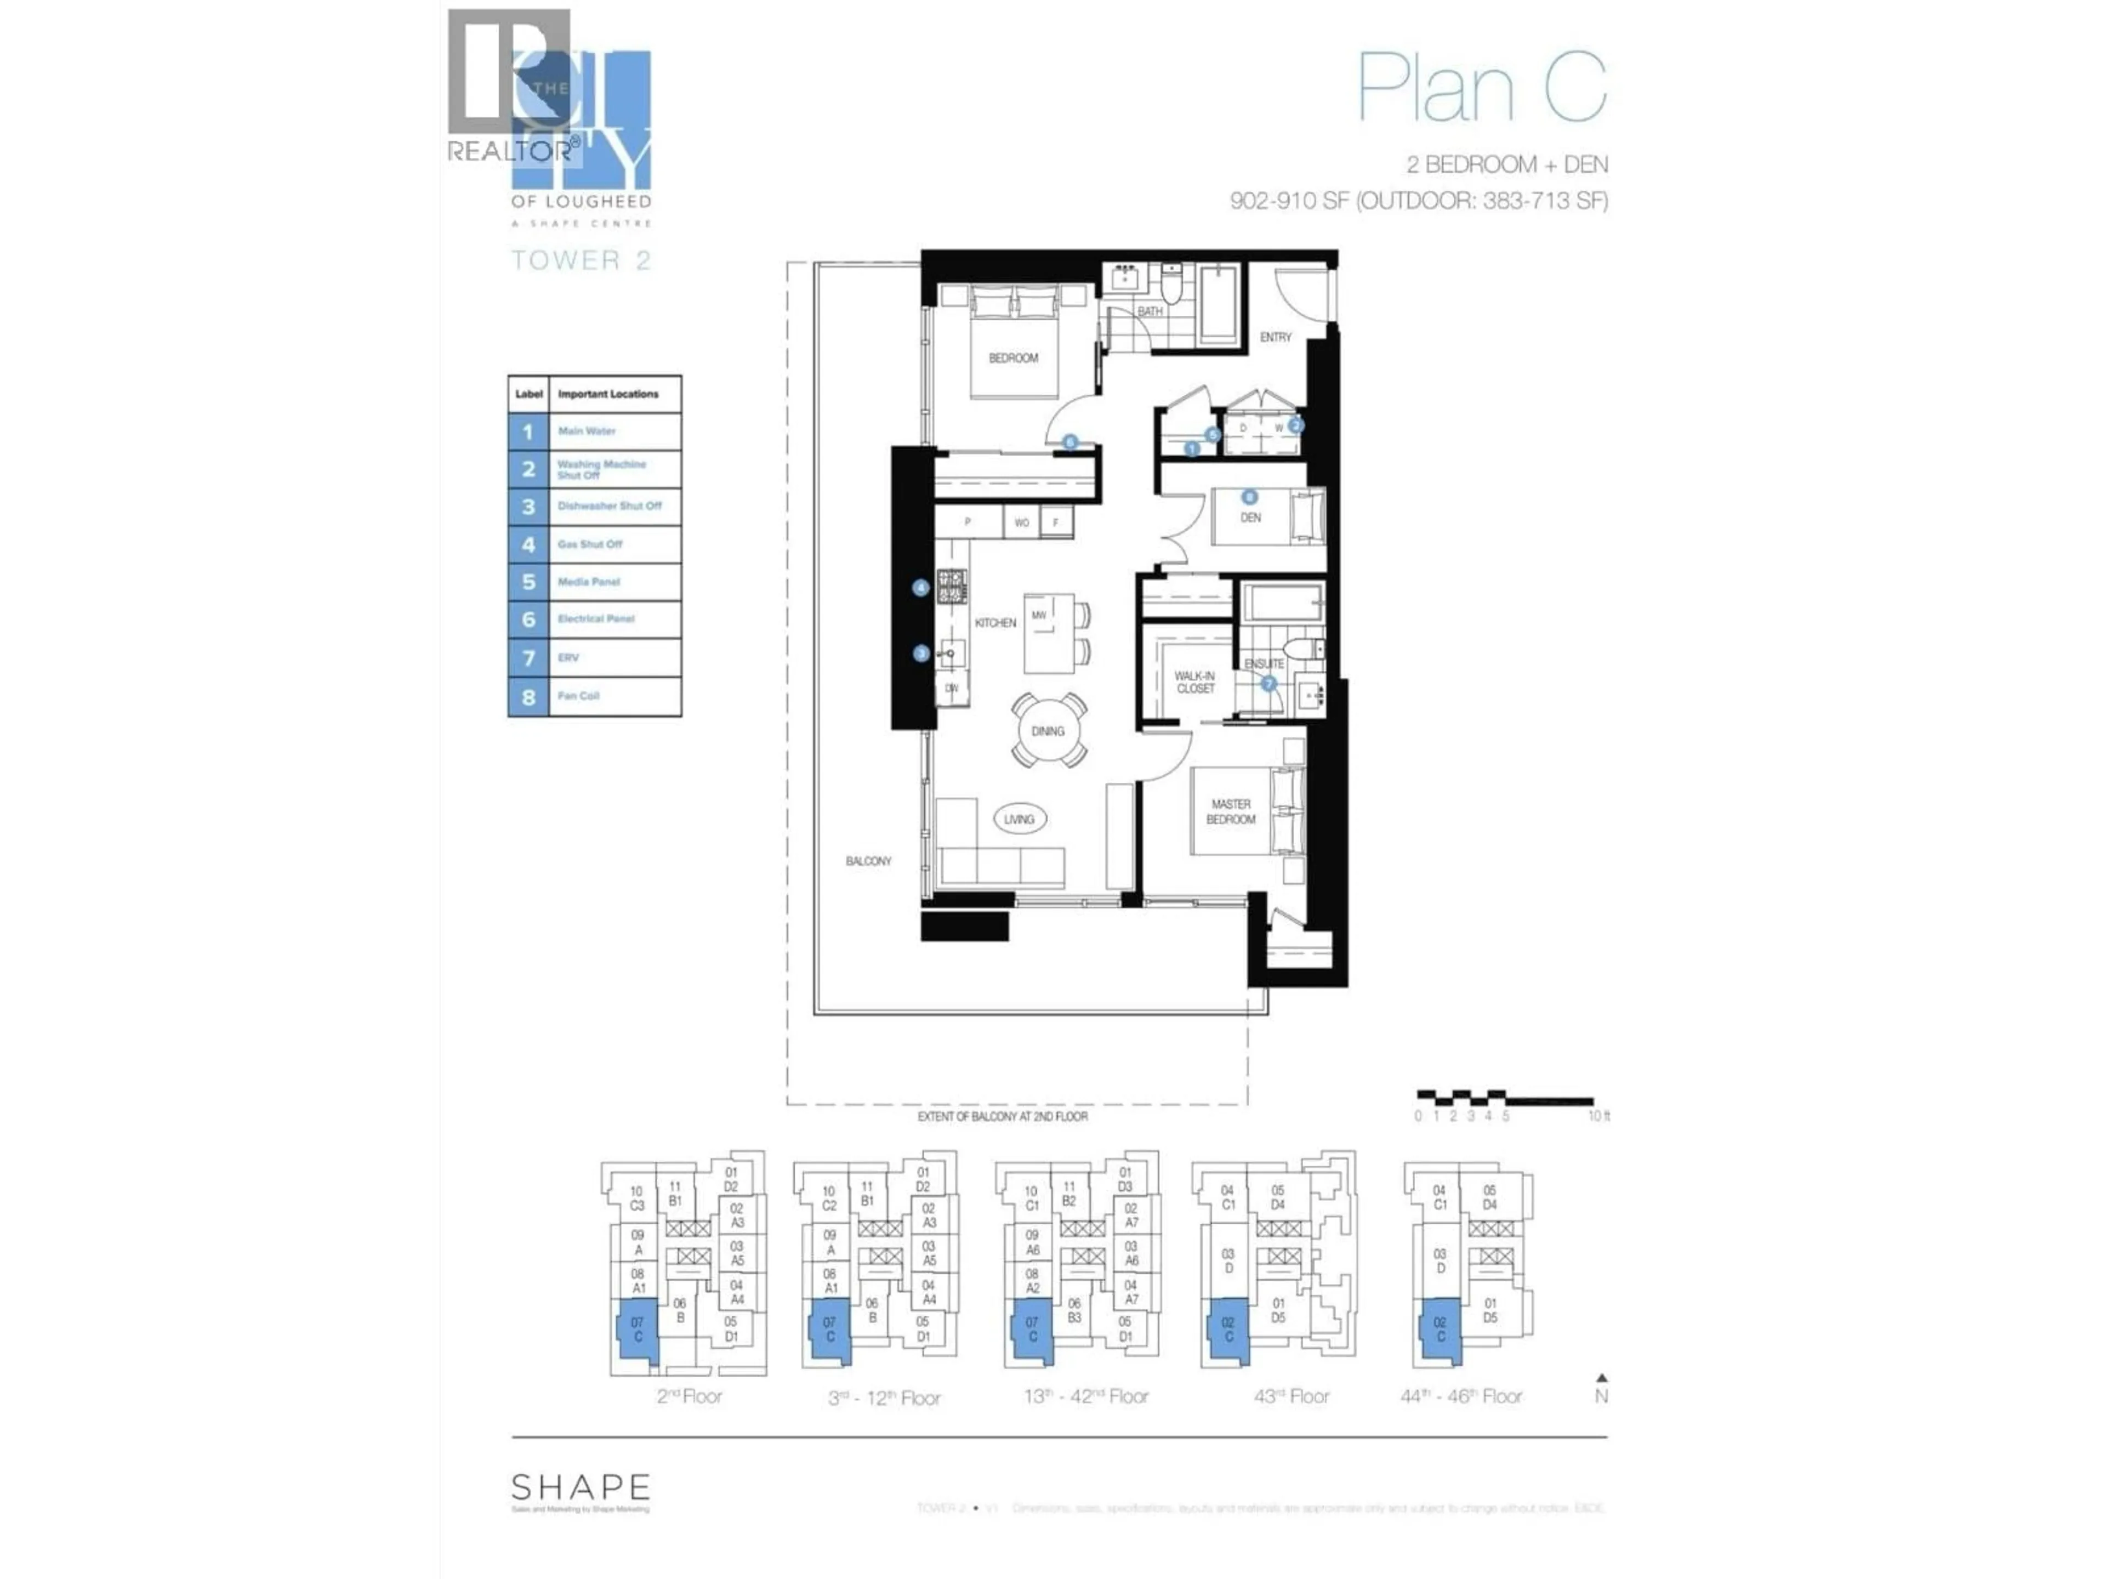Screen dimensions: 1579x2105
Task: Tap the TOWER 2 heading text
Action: (581, 260)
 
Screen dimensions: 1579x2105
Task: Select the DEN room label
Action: (1250, 518)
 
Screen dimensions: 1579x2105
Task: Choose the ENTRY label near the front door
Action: (1275, 337)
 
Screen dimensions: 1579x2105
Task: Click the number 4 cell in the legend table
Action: (528, 544)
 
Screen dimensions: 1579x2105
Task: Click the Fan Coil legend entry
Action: (578, 696)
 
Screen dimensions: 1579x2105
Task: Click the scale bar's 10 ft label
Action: (1598, 1116)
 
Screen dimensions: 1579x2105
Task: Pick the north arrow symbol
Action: (1602, 1377)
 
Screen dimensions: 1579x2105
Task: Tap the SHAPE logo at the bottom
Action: (581, 1487)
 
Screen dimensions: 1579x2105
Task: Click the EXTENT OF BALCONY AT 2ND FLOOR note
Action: (1002, 1116)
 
